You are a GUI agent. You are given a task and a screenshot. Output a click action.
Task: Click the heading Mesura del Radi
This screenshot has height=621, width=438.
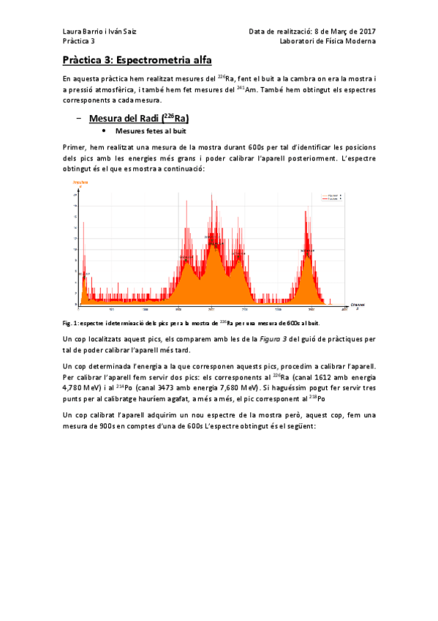point(139,118)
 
